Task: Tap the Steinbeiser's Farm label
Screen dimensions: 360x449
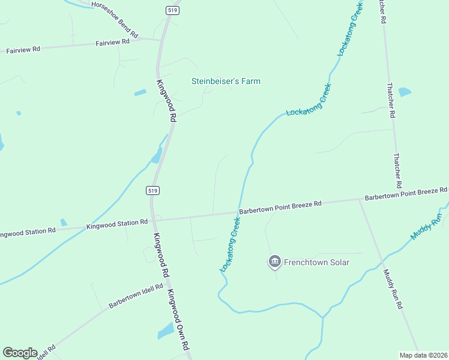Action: click(x=226, y=81)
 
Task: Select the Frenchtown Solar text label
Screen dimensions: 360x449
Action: click(x=317, y=262)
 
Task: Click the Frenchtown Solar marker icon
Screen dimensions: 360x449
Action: click(x=274, y=261)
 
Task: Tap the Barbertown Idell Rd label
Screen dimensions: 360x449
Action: click(x=136, y=296)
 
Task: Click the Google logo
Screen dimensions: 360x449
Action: click(x=20, y=353)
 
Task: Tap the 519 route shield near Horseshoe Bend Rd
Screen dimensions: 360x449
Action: click(x=172, y=10)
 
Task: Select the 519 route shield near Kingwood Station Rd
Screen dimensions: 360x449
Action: click(x=152, y=190)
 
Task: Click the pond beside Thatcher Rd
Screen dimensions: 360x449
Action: click(x=405, y=92)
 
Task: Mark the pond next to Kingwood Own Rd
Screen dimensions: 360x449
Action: click(x=166, y=331)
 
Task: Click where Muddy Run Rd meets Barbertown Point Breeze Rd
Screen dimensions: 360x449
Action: click(x=359, y=200)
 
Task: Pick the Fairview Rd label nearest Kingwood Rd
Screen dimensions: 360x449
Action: click(x=113, y=42)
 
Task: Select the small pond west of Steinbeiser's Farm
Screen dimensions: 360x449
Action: click(x=140, y=93)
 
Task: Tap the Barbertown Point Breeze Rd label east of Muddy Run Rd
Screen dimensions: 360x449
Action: click(x=406, y=193)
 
